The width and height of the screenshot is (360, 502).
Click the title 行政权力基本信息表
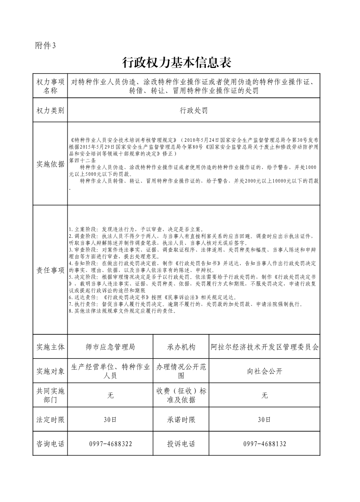(x=180, y=62)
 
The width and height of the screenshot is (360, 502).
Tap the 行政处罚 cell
(x=194, y=110)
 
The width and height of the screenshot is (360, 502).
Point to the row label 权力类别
(x=50, y=110)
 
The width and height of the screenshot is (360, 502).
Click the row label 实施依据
(x=50, y=164)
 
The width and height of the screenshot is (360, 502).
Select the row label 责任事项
(x=50, y=270)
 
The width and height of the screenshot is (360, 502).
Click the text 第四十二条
(x=82, y=160)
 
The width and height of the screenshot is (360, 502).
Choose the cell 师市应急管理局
(x=110, y=347)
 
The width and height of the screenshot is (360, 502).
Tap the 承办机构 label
(x=181, y=347)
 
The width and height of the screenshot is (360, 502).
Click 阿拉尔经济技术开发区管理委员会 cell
(x=265, y=347)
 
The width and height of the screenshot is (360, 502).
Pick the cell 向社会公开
(x=265, y=372)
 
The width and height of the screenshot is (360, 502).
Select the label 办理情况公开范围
(x=181, y=372)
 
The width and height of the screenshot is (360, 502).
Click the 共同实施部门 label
(x=50, y=396)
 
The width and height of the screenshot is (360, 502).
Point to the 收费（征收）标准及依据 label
(x=181, y=396)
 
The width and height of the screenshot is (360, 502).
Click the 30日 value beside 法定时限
(x=110, y=420)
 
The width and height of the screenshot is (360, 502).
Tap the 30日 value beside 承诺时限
(x=265, y=420)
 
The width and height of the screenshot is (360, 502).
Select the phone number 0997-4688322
(x=111, y=444)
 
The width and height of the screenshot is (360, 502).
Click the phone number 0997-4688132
(x=265, y=444)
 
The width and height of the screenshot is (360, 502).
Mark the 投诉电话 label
(x=181, y=444)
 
